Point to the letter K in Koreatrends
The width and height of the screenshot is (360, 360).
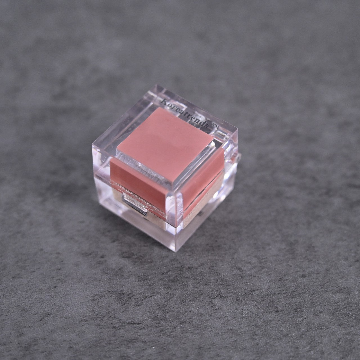(x=164, y=101)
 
